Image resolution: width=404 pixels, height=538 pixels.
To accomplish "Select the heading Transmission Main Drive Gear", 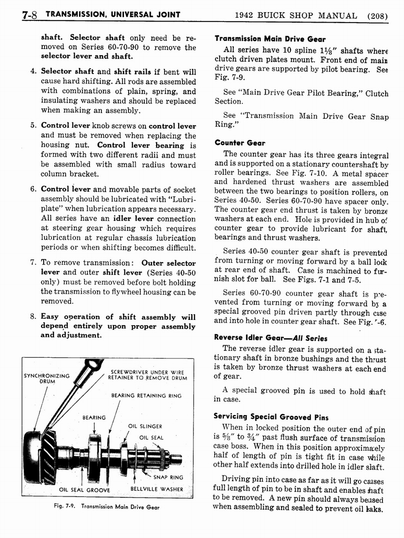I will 270,38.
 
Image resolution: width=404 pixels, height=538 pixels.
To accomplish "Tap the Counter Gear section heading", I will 240,142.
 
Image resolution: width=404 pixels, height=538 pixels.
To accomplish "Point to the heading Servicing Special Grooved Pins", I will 271,417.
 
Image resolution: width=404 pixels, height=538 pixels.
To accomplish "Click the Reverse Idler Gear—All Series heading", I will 271,338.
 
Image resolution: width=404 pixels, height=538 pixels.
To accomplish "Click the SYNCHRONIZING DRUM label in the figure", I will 47,378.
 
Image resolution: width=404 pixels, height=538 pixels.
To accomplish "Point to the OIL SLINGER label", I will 145,426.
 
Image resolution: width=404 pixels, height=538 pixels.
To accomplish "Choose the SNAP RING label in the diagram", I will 168,477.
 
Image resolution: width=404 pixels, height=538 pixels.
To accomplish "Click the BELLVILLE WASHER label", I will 157,490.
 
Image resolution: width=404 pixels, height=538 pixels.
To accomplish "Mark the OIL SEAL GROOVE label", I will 85,490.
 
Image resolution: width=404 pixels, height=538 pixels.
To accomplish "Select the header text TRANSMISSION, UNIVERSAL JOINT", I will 112,15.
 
